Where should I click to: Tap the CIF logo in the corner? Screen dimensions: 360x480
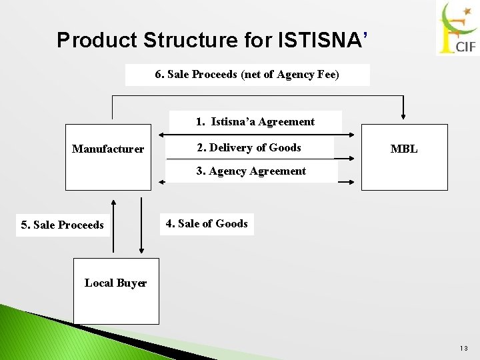point(457,29)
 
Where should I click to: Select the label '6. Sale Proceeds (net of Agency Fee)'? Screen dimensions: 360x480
point(247,75)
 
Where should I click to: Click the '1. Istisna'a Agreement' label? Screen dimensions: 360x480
point(255,121)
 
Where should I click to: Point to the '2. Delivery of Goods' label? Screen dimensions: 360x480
point(249,148)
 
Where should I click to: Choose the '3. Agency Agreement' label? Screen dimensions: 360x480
point(251,171)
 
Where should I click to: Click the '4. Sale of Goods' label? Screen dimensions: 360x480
point(206,224)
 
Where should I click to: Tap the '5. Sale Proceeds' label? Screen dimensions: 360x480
point(63,225)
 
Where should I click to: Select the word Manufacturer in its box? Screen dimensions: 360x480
point(108,149)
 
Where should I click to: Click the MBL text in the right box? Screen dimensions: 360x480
point(404,149)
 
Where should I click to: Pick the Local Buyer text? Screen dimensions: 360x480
point(115,283)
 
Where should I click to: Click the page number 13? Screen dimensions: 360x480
point(463,347)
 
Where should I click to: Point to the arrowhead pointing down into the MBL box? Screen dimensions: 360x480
point(402,118)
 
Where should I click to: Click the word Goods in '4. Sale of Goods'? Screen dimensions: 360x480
point(231,224)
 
